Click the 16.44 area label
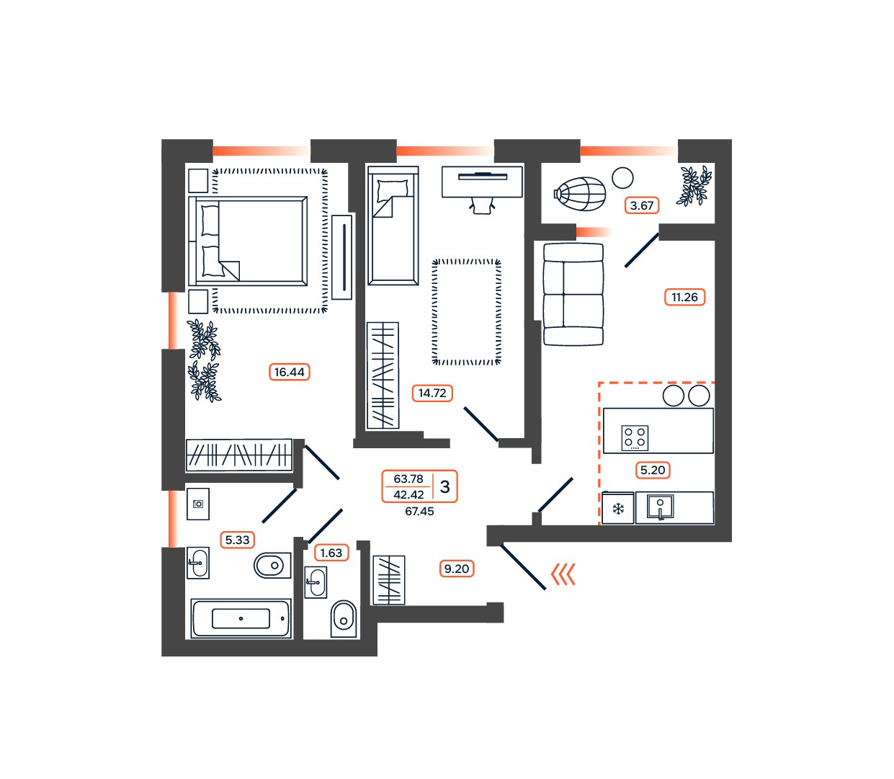point(290,372)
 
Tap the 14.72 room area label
point(432,393)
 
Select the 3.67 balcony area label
point(642,205)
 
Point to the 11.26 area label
point(684,298)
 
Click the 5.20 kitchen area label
point(653,470)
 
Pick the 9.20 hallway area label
point(457,569)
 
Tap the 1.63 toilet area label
point(331,553)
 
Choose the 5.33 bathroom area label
point(237,540)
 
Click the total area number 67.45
point(419,511)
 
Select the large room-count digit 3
point(444,486)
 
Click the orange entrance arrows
point(563,574)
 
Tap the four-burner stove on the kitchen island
point(635,437)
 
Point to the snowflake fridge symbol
point(618,509)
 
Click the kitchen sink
point(660,507)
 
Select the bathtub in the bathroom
point(241,618)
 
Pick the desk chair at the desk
point(483,205)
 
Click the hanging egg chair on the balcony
point(580,194)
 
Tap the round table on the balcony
point(622,179)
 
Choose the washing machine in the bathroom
point(198,504)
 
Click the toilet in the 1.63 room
point(344,619)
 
